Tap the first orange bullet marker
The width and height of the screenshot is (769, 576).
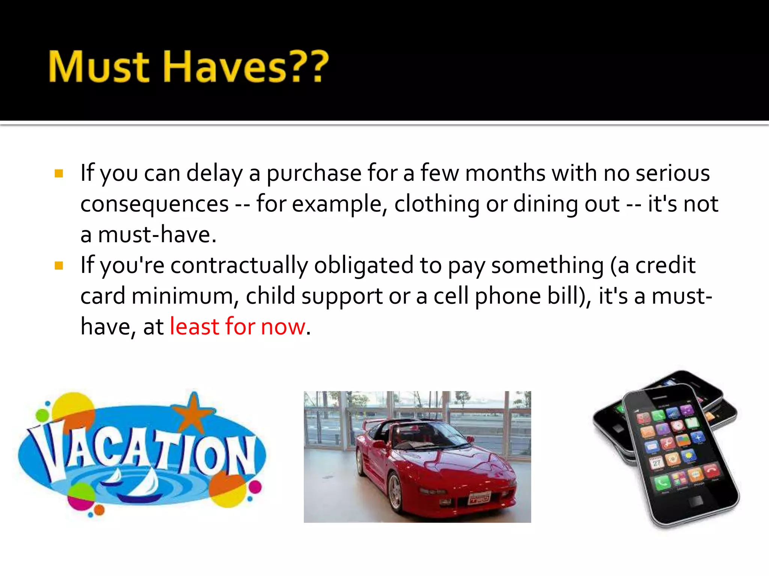(59, 174)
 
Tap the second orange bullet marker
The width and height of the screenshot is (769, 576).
(59, 266)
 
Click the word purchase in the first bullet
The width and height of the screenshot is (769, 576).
(314, 174)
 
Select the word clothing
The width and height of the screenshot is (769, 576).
(437, 204)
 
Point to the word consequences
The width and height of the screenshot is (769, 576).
(154, 204)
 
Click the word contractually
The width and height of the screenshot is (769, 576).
(239, 265)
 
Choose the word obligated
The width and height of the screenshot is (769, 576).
(363, 265)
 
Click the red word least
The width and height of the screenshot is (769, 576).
(195, 327)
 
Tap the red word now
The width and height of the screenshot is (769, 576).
(283, 327)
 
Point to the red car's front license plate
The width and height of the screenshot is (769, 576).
(479, 498)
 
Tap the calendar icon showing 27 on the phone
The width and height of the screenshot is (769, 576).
(656, 463)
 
